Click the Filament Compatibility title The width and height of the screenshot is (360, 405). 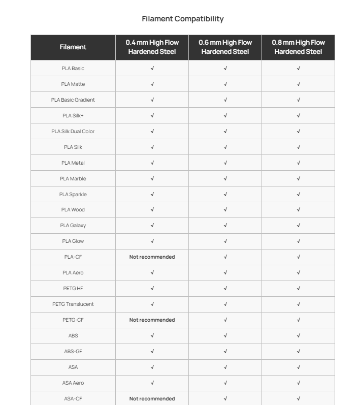[183, 19]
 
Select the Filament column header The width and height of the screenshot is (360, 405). [73, 47]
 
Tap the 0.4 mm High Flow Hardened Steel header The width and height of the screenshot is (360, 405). [152, 47]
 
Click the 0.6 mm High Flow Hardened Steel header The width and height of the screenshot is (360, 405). [225, 47]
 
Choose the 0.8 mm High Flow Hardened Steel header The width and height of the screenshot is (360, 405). [298, 47]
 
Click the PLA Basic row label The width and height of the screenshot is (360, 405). [73, 68]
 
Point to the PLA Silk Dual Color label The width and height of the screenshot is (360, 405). [73, 131]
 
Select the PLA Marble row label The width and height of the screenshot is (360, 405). [73, 178]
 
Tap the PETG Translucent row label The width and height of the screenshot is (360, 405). [73, 304]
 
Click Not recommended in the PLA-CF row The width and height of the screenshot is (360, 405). [152, 257]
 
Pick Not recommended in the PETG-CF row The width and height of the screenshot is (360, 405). [152, 320]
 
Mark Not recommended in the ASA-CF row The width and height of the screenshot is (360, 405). [152, 398]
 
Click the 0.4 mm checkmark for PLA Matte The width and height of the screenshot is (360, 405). [152, 84]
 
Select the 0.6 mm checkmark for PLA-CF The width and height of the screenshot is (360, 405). [225, 257]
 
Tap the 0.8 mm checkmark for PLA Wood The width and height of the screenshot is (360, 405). [299, 210]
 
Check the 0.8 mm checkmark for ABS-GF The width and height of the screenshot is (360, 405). [299, 351]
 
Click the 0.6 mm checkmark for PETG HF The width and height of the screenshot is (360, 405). [225, 288]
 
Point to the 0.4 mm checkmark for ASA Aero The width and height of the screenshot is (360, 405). [152, 383]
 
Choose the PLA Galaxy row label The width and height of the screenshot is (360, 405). [73, 226]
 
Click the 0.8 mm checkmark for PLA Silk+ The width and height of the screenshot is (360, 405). [299, 115]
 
